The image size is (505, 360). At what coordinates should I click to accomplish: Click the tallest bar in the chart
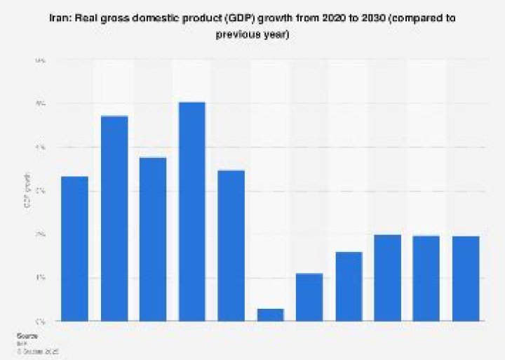pyautogui.click(x=192, y=211)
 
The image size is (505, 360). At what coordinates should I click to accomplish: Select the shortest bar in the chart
pyautogui.click(x=270, y=314)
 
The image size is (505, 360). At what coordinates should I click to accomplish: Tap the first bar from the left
pyautogui.click(x=75, y=248)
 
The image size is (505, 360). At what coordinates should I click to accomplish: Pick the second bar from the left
pyautogui.click(x=114, y=218)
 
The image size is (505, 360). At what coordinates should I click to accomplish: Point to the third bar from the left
pyautogui.click(x=153, y=239)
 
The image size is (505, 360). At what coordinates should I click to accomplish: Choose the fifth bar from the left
pyautogui.click(x=231, y=246)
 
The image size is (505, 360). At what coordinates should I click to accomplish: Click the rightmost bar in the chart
pyautogui.click(x=465, y=279)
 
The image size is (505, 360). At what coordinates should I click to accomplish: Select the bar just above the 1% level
pyautogui.click(x=309, y=297)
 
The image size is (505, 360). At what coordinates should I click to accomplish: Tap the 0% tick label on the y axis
pyautogui.click(x=41, y=321)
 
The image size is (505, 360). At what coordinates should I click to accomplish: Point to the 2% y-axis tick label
pyautogui.click(x=41, y=234)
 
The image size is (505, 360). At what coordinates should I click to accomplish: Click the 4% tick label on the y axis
pyautogui.click(x=41, y=148)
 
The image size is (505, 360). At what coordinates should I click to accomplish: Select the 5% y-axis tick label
pyautogui.click(x=41, y=105)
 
